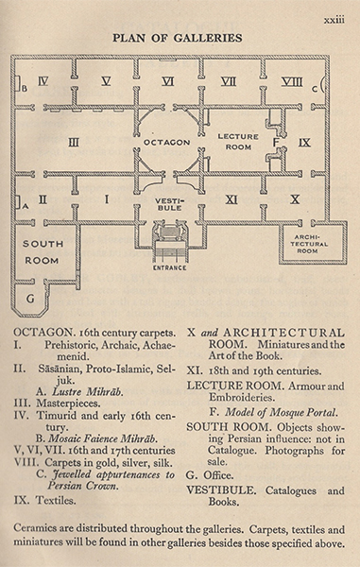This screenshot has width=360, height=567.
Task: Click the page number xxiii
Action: click(x=334, y=20)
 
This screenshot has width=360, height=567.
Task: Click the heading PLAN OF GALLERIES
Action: click(x=177, y=38)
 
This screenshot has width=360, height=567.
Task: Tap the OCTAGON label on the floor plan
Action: click(x=166, y=143)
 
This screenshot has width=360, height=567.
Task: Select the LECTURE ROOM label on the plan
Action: click(x=238, y=142)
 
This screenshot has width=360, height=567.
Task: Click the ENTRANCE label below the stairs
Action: click(x=169, y=268)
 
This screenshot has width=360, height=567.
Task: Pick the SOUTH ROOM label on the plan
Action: click(x=43, y=252)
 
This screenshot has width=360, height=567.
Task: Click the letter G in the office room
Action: click(x=31, y=299)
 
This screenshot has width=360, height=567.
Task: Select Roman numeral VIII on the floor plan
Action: click(x=292, y=81)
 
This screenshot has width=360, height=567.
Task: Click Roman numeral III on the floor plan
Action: click(x=74, y=142)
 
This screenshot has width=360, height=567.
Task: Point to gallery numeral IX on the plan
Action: click(x=304, y=143)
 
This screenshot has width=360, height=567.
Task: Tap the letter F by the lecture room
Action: click(x=276, y=142)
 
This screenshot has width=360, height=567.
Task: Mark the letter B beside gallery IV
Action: click(x=25, y=88)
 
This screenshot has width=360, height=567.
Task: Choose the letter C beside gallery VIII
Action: click(x=314, y=89)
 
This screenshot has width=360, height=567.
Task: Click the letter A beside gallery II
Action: click(x=25, y=206)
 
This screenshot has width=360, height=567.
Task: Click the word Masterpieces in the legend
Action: click(x=68, y=404)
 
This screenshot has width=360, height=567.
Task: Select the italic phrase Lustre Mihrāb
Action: click(x=88, y=391)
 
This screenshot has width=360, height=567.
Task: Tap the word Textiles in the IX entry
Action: click(x=56, y=501)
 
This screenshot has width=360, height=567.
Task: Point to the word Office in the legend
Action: click(x=218, y=475)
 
